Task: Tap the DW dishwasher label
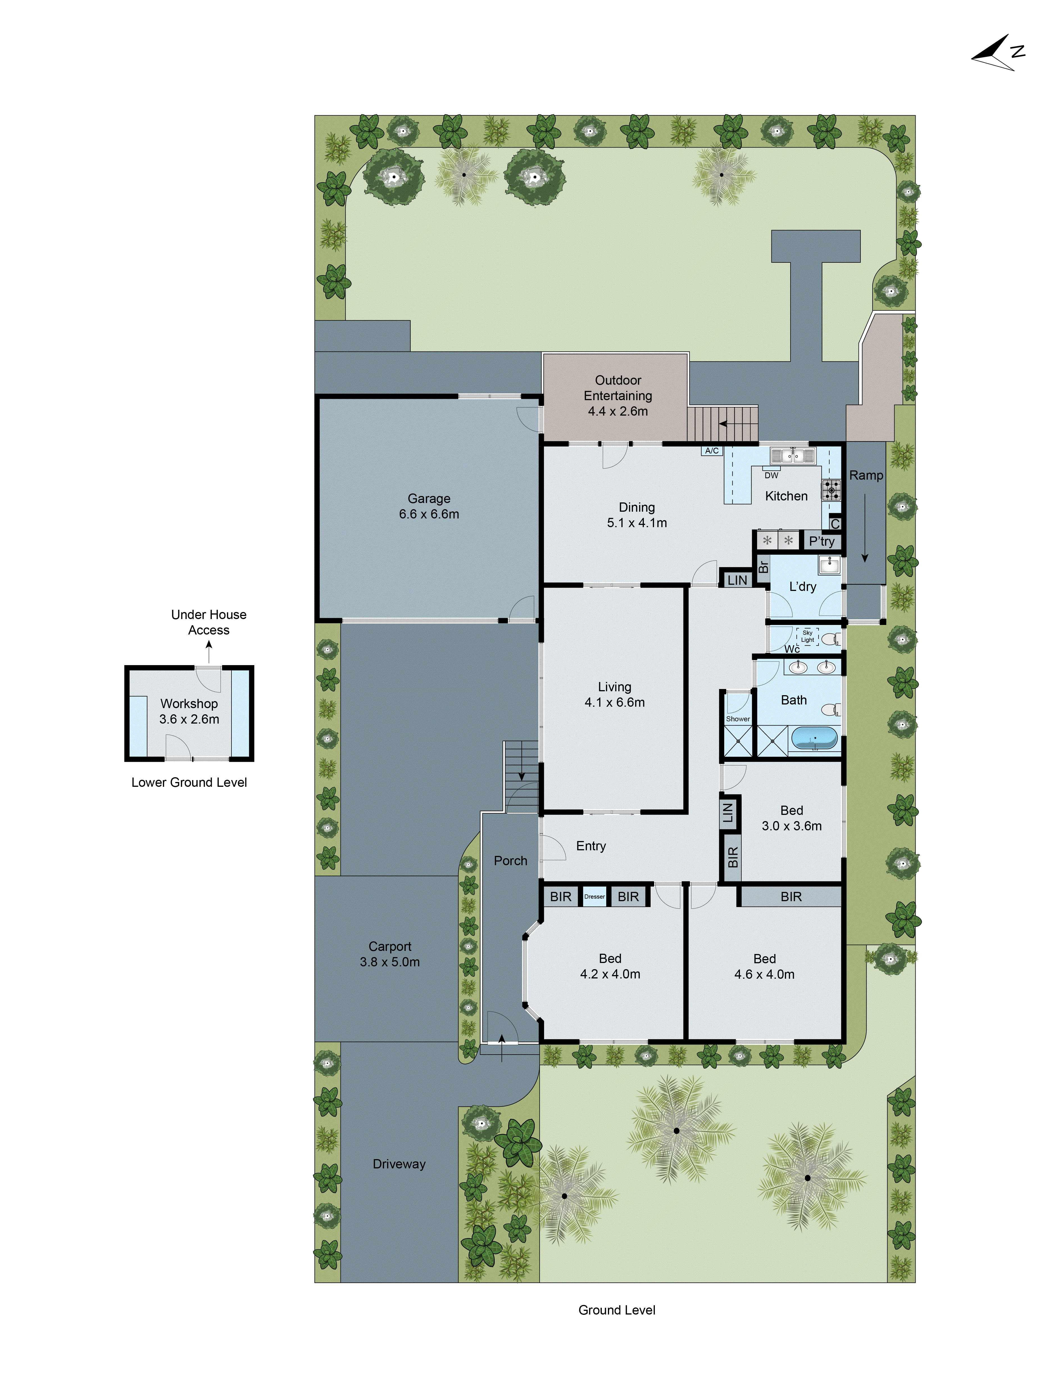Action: (771, 475)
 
